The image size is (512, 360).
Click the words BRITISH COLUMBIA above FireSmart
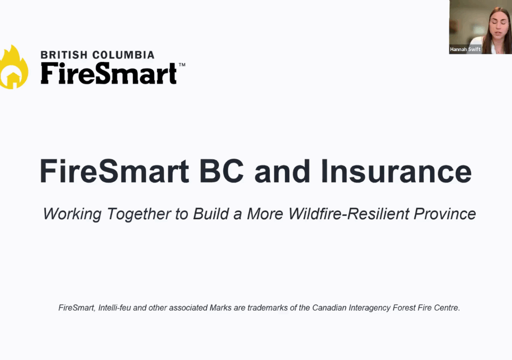[x=97, y=54]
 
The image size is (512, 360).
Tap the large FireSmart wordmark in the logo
[x=108, y=73]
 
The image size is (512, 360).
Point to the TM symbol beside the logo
[x=182, y=65]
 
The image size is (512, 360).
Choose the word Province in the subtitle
[x=446, y=214]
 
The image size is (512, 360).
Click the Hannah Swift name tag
[x=465, y=49]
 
